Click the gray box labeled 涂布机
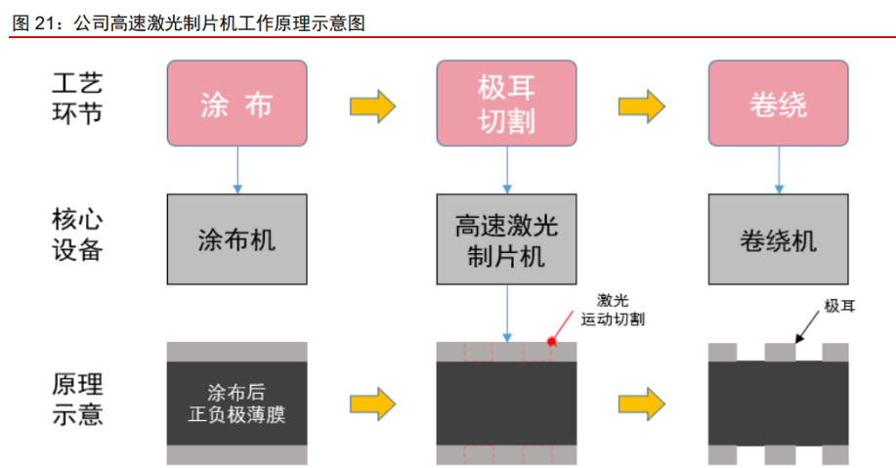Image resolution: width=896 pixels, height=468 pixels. [236, 239]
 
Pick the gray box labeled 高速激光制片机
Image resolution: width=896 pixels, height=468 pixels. [506, 239]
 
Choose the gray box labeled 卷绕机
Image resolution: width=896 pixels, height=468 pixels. [777, 239]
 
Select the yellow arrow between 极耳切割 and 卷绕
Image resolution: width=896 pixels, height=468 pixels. [642, 105]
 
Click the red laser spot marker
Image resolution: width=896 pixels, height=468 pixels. [551, 342]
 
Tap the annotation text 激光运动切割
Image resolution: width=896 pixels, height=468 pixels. [612, 311]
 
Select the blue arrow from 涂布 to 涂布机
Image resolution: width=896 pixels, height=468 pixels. [236, 170]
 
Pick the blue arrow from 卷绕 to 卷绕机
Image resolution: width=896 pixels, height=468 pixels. [778, 170]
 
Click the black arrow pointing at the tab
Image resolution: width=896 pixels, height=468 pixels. [807, 328]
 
